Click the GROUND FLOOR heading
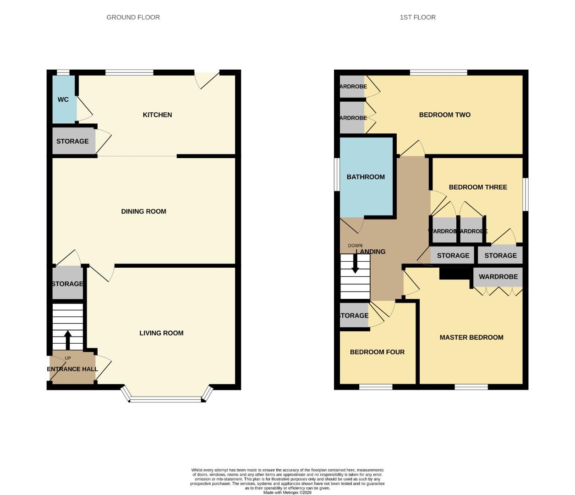133,17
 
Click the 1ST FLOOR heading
417,17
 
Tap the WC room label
63,99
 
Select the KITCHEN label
157,115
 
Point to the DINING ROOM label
143,211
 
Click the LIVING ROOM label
161,333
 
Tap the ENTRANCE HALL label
72,369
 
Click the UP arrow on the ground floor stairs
68,340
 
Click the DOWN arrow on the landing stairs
355,264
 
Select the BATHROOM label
366,177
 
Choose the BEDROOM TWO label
444,115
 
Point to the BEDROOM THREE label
478,187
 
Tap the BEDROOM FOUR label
377,352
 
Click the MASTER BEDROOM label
471,337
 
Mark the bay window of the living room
167,400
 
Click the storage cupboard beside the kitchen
72,141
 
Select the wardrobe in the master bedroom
498,277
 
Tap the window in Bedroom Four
376,387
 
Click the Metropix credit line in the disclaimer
287,492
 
